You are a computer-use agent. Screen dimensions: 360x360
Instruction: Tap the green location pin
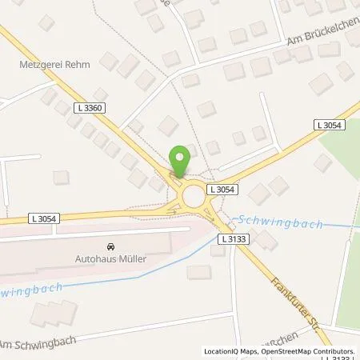pos(181,159)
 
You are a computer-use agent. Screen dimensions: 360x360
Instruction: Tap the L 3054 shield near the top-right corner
pos(329,125)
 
